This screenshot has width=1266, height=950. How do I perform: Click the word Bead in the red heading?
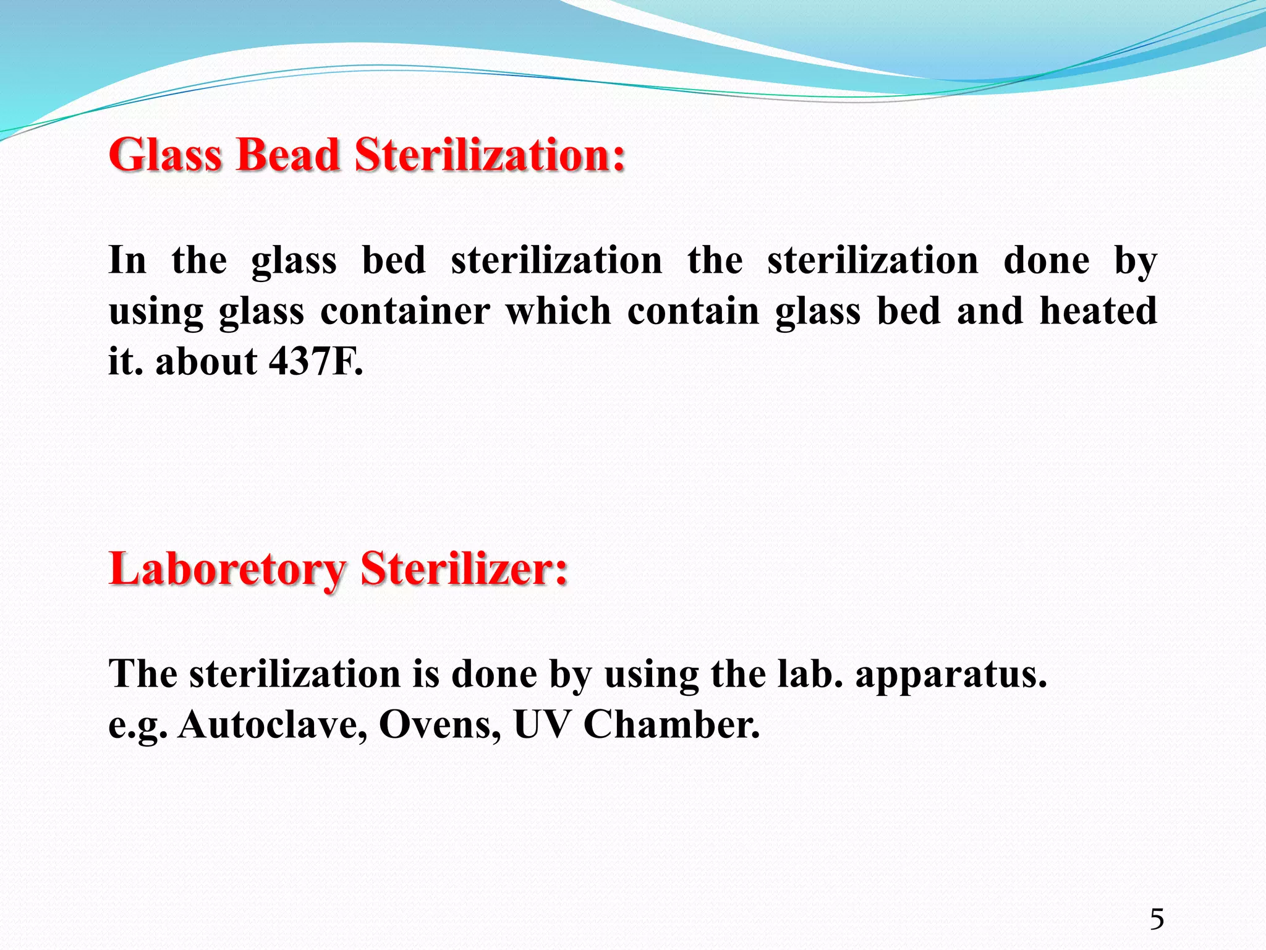(287, 155)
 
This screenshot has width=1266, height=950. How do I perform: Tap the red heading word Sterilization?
(490, 155)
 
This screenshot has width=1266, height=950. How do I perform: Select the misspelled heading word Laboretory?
(227, 569)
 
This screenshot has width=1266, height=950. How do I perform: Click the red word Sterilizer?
(464, 569)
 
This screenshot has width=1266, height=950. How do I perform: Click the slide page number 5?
(1157, 919)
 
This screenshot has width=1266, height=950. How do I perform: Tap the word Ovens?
(440, 724)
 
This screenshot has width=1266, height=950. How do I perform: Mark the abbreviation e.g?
(137, 725)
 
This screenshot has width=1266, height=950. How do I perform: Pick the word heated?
(1098, 310)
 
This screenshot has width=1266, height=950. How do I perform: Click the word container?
(405, 310)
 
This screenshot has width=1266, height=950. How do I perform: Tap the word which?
(558, 310)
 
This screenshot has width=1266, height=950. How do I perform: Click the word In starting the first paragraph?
(127, 260)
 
